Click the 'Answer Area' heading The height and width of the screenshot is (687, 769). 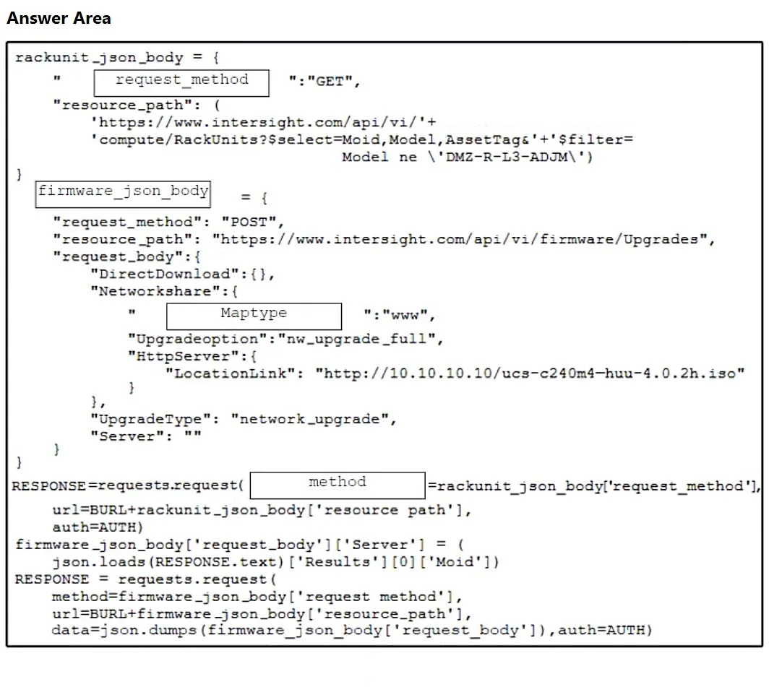click(x=59, y=18)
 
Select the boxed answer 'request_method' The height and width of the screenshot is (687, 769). click(x=181, y=83)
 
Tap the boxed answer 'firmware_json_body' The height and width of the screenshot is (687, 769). click(x=123, y=194)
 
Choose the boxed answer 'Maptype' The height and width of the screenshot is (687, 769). click(x=254, y=316)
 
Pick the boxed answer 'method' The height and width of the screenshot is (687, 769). click(x=338, y=485)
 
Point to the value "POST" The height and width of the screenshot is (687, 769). click(x=249, y=222)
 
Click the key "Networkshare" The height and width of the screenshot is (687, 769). click(x=155, y=291)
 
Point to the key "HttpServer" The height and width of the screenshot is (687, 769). click(x=184, y=356)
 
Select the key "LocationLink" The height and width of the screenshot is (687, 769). click(x=231, y=373)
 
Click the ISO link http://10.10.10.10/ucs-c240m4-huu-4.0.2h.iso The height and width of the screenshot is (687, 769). click(x=529, y=373)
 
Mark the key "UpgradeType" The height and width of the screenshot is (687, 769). click(x=151, y=419)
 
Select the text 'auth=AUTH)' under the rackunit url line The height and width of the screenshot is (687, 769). click(x=98, y=527)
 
